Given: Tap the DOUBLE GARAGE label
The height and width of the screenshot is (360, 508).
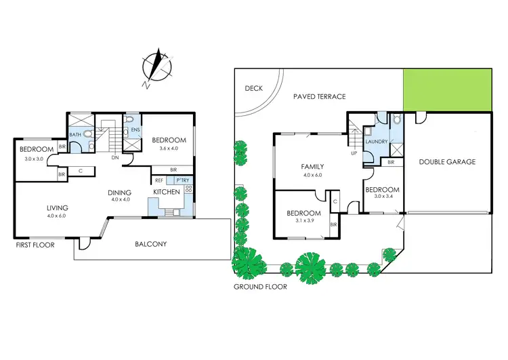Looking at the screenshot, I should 447,162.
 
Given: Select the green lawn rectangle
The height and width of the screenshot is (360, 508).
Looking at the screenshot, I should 447,87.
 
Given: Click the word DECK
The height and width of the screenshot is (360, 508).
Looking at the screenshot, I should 253,87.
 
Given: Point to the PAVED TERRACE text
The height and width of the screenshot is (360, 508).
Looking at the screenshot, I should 319,97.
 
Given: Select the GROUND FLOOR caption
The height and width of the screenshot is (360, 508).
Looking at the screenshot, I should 260,287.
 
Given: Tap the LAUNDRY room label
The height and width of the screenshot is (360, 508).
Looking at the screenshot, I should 375,141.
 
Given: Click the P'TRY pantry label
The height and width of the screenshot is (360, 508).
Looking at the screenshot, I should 182,180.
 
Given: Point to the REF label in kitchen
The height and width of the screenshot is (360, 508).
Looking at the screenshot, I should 159,180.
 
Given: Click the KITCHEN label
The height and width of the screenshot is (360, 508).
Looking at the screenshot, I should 167,193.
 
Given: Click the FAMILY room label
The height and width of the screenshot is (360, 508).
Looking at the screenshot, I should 312,166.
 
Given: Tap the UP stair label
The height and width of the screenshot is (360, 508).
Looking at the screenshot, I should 354,153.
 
